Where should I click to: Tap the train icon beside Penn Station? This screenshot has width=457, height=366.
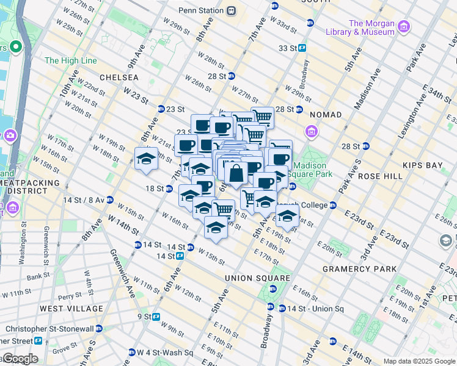(231, 10)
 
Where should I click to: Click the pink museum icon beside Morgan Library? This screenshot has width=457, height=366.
(403, 27)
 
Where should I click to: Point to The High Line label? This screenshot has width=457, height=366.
(70, 61)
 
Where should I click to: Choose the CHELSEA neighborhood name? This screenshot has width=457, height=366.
(119, 78)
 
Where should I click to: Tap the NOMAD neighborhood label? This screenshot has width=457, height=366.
(326, 115)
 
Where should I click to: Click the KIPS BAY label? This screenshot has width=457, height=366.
(422, 165)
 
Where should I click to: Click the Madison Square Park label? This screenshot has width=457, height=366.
(313, 170)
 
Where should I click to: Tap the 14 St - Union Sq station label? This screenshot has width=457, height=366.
(315, 309)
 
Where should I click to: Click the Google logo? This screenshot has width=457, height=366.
(20, 359)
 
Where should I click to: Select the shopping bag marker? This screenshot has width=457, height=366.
(236, 173)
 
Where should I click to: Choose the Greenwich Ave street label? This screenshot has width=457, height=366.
(118, 268)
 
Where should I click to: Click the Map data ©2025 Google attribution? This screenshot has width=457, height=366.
(419, 361)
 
